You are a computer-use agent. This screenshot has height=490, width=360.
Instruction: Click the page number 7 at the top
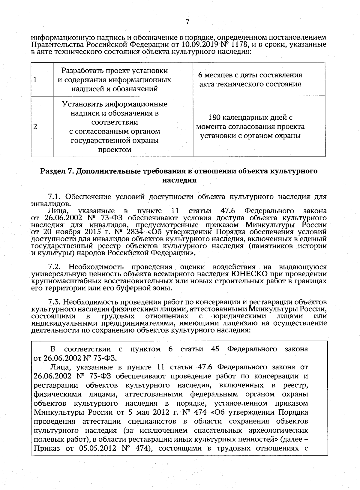coord(187,22)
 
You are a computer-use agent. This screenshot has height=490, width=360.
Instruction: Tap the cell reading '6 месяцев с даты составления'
coord(250,75)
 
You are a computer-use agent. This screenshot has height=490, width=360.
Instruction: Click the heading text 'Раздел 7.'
coord(57,171)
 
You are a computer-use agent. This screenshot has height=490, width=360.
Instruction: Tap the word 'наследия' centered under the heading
coord(179,181)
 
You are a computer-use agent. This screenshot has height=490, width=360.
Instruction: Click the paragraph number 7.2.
coord(55,267)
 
